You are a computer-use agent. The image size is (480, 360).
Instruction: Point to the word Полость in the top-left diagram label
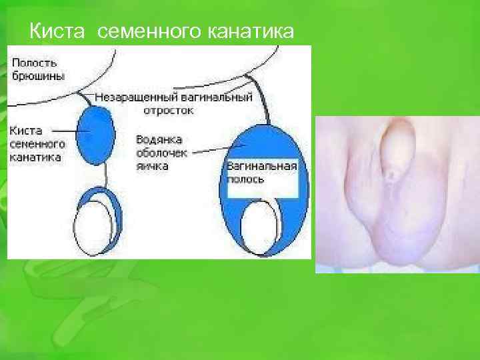33,62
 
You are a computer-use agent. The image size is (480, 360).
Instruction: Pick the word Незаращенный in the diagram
129,97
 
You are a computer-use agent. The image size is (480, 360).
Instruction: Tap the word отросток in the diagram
172,110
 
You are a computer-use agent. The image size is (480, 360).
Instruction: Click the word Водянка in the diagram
159,140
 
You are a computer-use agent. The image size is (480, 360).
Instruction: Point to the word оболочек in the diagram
161,153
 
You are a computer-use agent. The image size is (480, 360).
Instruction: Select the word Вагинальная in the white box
261,166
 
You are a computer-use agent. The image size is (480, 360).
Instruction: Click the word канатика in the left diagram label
35,158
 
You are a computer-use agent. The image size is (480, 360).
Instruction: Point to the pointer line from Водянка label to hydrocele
213,151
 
